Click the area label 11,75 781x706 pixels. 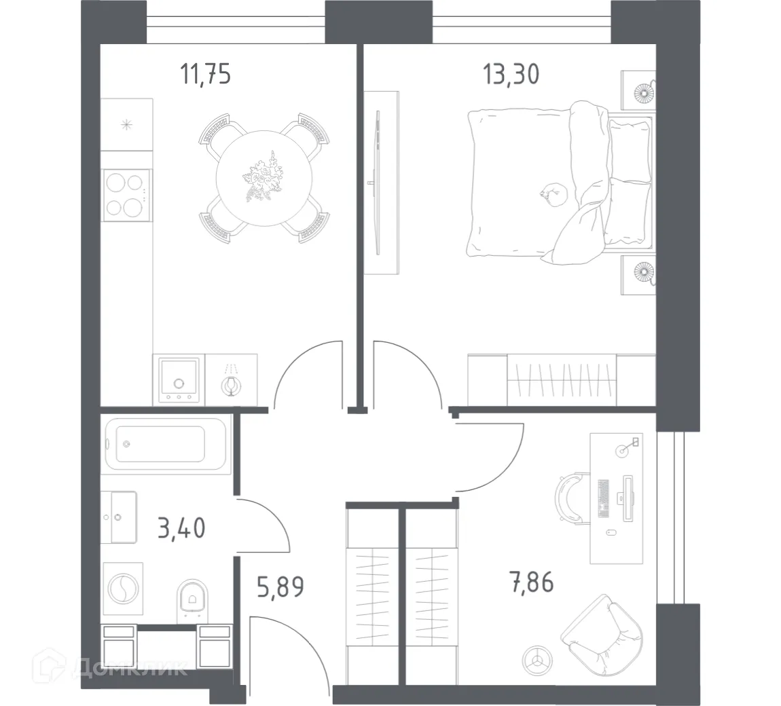point(205,74)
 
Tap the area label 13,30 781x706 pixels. point(511,74)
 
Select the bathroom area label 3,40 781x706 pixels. point(181,527)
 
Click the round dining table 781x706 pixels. point(264,179)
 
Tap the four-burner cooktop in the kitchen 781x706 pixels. point(125,194)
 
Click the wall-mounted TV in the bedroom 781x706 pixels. point(376,182)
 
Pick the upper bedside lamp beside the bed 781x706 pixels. point(641,91)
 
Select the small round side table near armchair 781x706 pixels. point(537,658)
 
